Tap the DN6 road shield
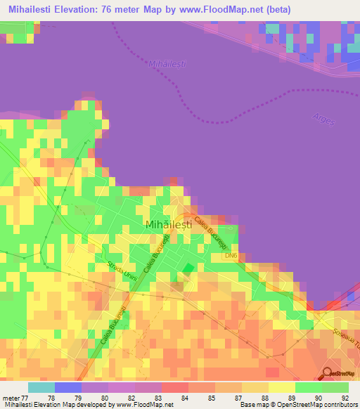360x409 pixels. click(x=231, y=256)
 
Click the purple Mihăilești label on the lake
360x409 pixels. click(x=167, y=64)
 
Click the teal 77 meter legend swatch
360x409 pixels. click(x=41, y=387)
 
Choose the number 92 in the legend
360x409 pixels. click(x=345, y=397)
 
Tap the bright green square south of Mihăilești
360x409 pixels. click(x=188, y=268)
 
